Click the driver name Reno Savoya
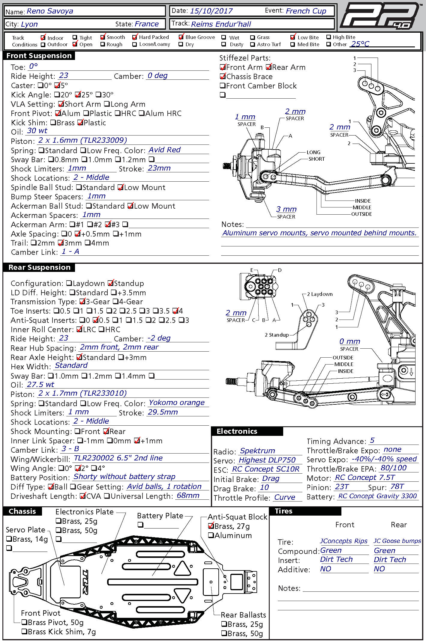coord(50,11)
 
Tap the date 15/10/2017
coord(211,11)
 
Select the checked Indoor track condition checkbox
coord(43,38)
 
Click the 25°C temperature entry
coord(360,44)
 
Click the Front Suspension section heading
coord(39,56)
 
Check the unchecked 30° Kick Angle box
coord(98,95)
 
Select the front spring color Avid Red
coord(164,150)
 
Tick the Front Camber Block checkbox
coord(223,86)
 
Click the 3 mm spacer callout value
coord(286,209)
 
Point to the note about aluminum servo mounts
coord(319,233)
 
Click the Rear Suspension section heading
coord(39,267)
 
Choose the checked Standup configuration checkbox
coord(111,283)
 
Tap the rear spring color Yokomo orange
coord(177,403)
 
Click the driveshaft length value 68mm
coord(188,496)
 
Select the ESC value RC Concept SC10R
coord(265,469)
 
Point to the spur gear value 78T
coord(397,487)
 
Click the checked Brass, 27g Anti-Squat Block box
coord(211,526)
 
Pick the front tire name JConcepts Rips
coord(343,541)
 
